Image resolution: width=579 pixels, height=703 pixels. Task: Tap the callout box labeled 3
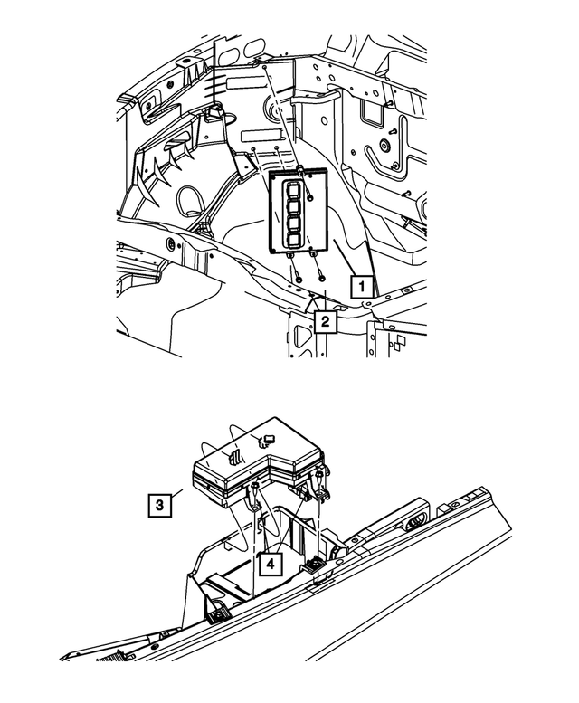[x=158, y=504]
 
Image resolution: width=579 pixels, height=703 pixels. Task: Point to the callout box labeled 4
[x=268, y=563]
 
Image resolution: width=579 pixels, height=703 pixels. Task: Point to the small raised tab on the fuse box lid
[x=267, y=441]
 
